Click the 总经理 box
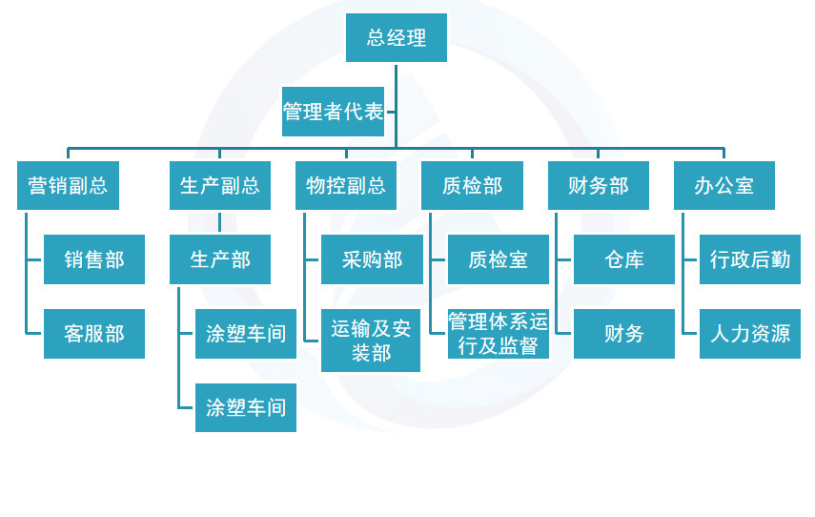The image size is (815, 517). (396, 38)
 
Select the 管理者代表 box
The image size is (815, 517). (333, 113)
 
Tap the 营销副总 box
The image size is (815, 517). (68, 185)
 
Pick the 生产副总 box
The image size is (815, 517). (219, 185)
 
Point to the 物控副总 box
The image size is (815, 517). (345, 185)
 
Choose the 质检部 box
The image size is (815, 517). (472, 185)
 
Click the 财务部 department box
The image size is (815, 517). (598, 185)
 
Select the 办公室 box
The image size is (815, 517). (724, 185)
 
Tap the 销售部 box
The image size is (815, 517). (94, 259)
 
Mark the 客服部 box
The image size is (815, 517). (94, 334)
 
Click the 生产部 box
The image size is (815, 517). (219, 259)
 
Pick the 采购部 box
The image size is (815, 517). (372, 259)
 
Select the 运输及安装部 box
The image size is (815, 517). (372, 341)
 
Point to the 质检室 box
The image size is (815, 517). (498, 259)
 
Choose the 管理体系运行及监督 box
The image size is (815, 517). (498, 334)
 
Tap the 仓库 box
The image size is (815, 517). (623, 259)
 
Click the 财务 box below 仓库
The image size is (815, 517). (623, 334)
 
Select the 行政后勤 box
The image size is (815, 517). (750, 259)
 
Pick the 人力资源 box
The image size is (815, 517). (750, 334)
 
